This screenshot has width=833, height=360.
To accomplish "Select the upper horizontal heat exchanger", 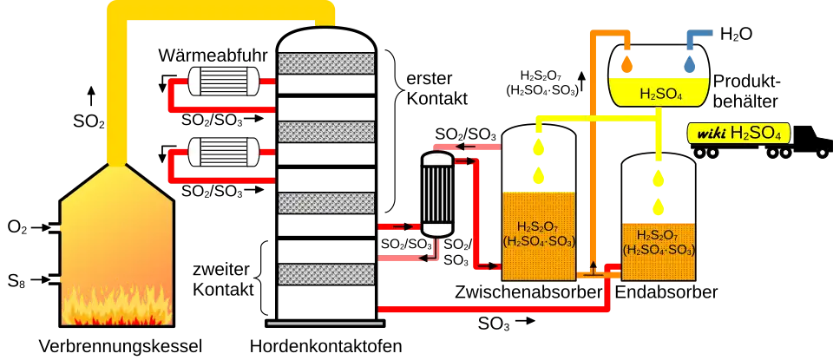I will (x=225, y=82).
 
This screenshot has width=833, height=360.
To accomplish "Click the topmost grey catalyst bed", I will (x=325, y=62).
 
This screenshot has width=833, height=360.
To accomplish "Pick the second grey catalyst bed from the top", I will (x=325, y=131).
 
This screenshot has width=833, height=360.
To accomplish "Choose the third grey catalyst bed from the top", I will (x=325, y=202).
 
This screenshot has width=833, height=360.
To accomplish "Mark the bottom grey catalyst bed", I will (x=325, y=274).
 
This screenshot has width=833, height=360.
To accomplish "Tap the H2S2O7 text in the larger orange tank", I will (x=538, y=227).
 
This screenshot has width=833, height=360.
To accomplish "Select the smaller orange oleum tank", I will (x=659, y=252).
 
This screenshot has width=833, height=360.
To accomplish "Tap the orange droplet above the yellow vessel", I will (x=626, y=63).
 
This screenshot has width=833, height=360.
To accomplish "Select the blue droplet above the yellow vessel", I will (x=691, y=64).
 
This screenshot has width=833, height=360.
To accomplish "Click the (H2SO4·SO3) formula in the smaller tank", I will (x=659, y=250).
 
